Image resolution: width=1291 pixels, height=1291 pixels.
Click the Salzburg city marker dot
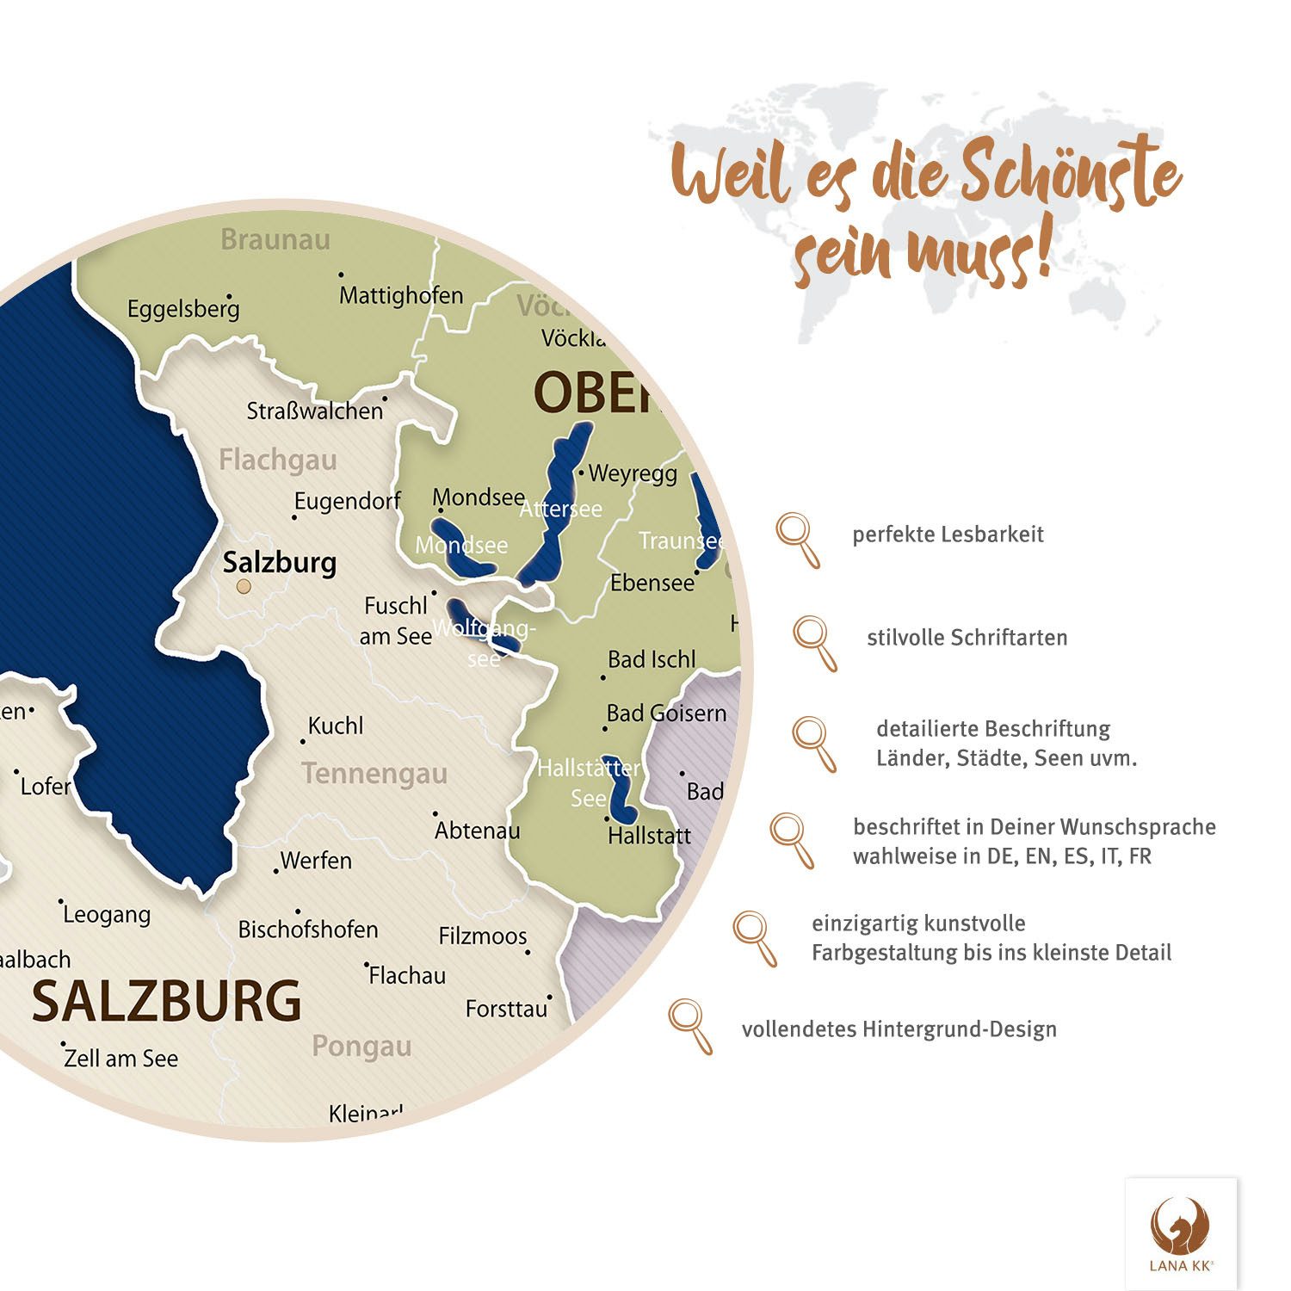(244, 586)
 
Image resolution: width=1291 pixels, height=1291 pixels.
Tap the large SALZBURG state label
(166, 1001)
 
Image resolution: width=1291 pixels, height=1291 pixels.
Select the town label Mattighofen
(401, 295)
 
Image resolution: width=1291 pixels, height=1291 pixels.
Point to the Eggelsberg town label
(183, 309)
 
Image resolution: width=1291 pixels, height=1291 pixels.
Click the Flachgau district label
(277, 460)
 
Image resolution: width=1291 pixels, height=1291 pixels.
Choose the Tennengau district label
(374, 773)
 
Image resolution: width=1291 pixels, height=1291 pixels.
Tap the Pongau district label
(361, 1046)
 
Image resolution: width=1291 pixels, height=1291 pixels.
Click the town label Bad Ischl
(652, 659)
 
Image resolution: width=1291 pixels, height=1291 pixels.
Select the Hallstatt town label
(649, 836)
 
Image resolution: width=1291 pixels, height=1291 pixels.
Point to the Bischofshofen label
(308, 930)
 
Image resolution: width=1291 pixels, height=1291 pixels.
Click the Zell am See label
(121, 1059)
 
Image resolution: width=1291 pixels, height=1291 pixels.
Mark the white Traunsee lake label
(680, 540)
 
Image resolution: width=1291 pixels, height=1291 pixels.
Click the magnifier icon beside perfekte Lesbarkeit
(798, 540)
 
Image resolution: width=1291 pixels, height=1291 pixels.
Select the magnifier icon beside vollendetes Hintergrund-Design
(690, 1026)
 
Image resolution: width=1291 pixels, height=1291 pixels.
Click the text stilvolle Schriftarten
(967, 638)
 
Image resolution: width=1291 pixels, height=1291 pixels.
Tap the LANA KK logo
(1181, 1233)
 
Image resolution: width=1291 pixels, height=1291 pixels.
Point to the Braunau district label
(275, 239)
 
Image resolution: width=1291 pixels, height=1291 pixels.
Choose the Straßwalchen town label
(314, 411)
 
